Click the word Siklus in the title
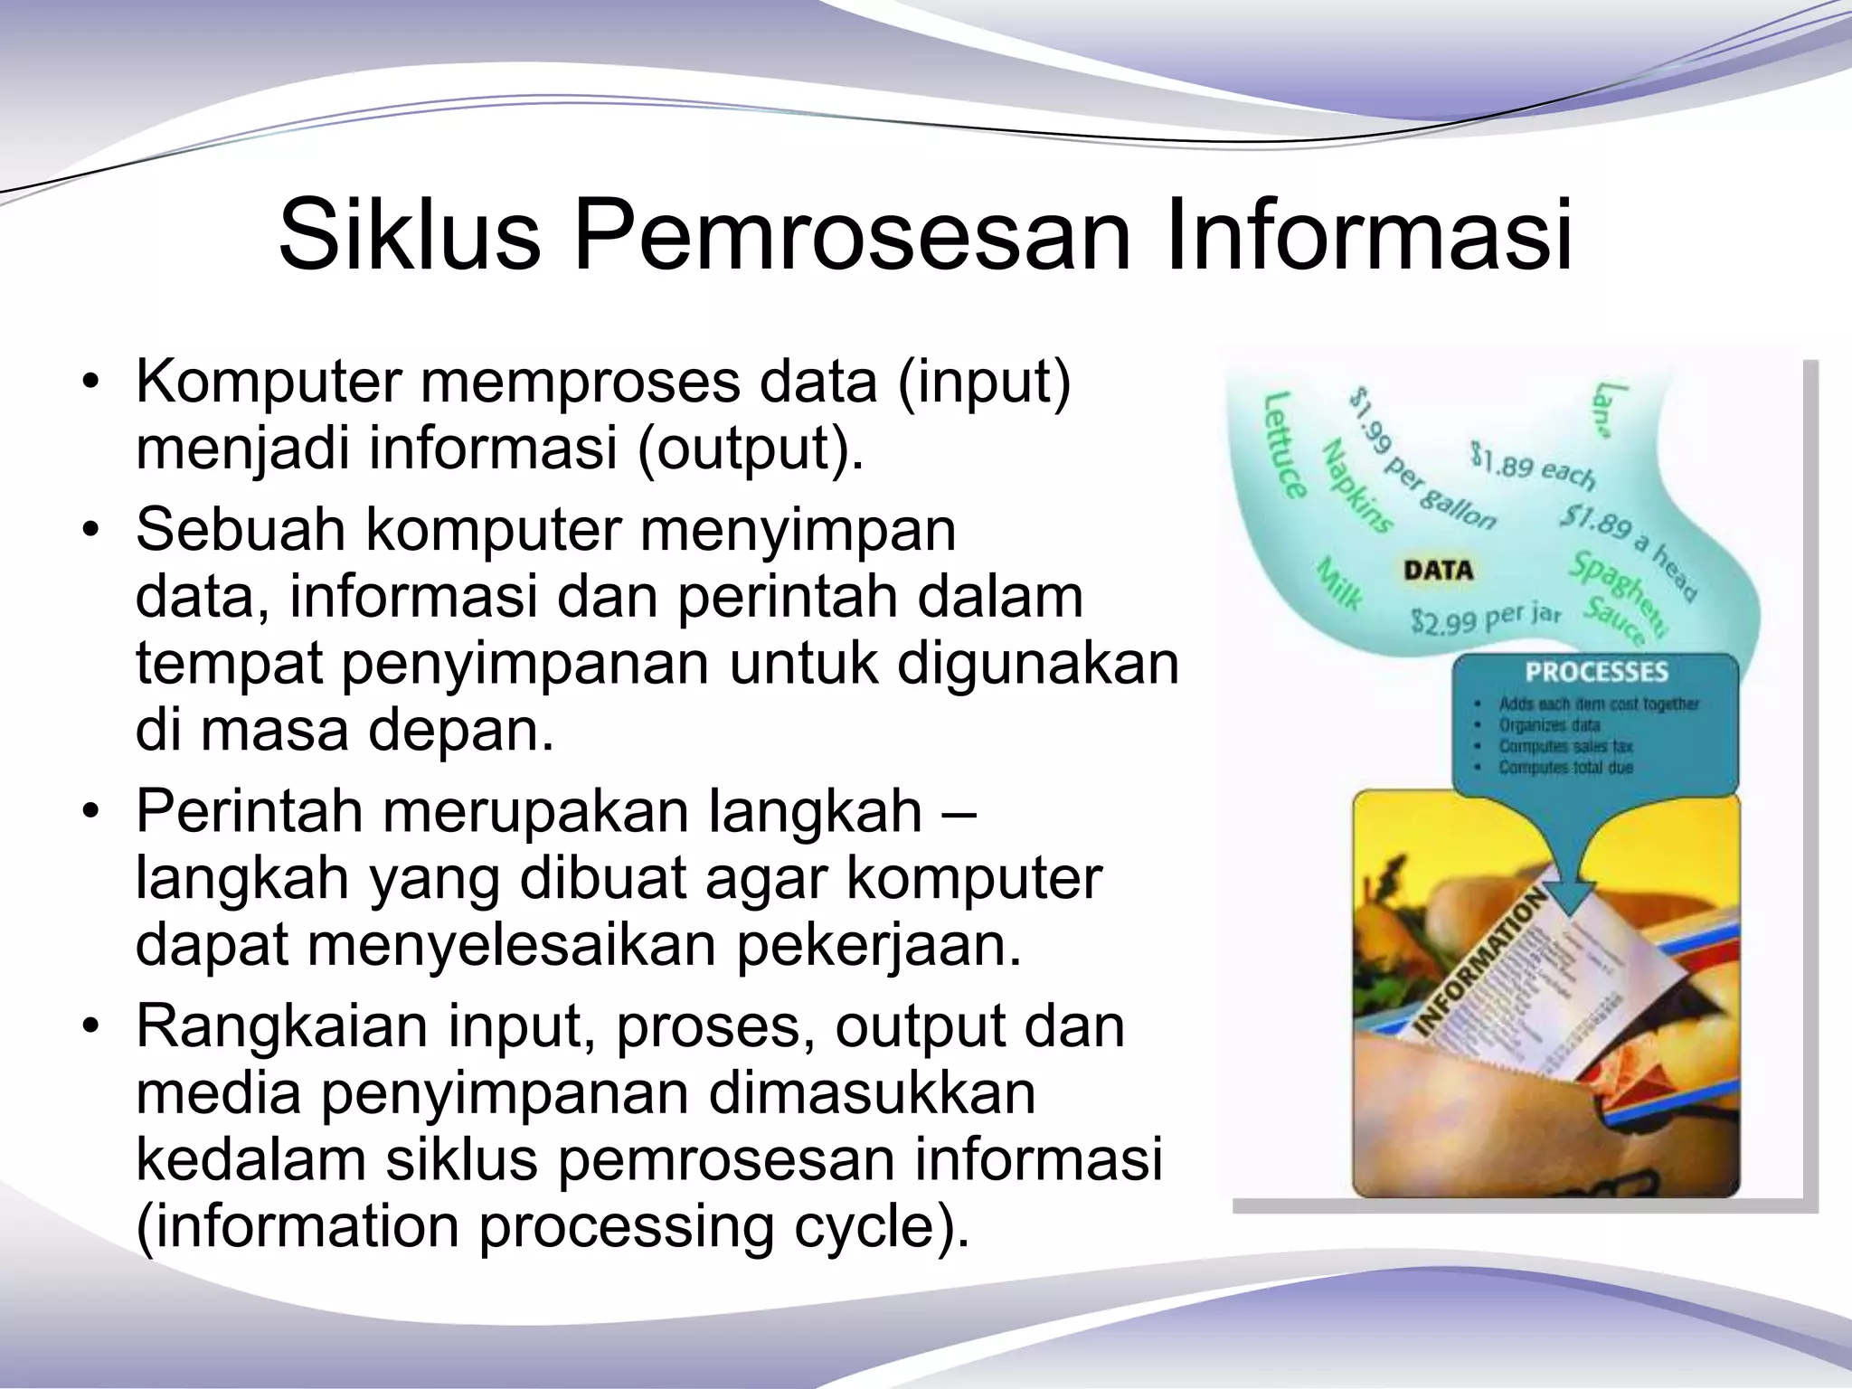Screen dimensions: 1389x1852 pos(409,237)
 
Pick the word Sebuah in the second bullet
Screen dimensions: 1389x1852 pos(241,530)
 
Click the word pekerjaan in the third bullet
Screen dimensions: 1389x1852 pos(878,944)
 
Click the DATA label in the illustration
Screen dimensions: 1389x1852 pos(1438,571)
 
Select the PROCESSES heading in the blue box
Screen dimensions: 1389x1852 pos(1596,672)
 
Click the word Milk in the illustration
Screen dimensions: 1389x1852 pos(1338,584)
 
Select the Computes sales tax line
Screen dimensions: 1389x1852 pos(1565,746)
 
